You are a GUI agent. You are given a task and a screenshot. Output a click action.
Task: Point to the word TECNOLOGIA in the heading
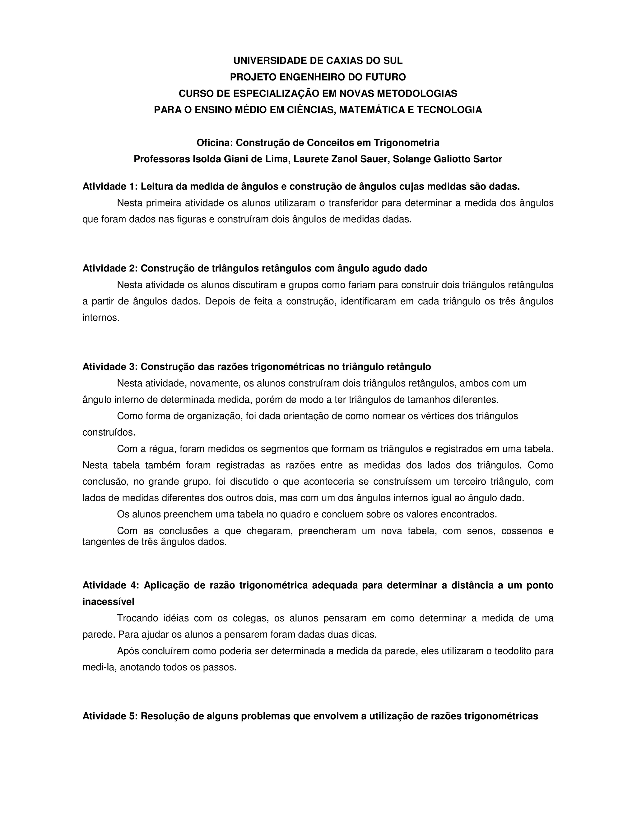pos(449,110)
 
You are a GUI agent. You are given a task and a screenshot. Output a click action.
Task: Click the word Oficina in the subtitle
pos(214,143)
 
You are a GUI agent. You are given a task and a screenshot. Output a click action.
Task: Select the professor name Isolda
pos(207,159)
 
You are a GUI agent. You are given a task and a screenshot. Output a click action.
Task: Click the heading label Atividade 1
pos(110,186)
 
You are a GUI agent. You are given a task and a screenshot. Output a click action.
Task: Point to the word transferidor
pos(353,203)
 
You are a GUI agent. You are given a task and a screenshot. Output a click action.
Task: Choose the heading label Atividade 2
pos(110,268)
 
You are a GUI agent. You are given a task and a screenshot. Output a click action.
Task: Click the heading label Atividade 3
pos(110,367)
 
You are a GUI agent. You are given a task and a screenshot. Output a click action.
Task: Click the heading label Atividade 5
pos(110,716)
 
